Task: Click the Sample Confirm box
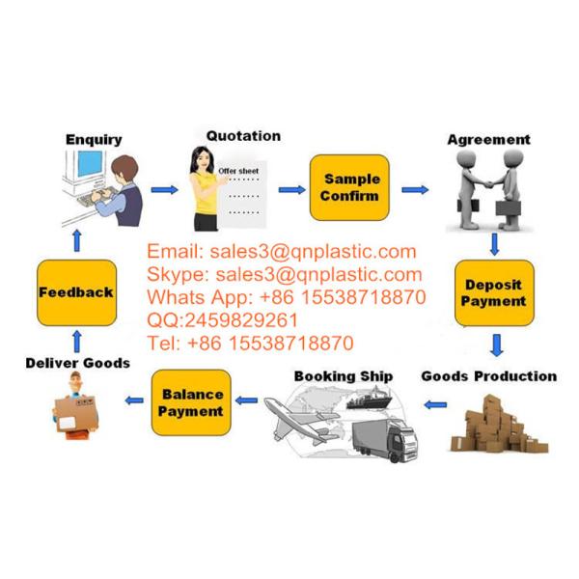pyautogui.click(x=349, y=187)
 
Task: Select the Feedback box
pyautogui.click(x=77, y=292)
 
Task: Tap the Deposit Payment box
pyautogui.click(x=494, y=293)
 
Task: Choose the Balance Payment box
pyautogui.click(x=191, y=402)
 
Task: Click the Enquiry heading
pyautogui.click(x=94, y=140)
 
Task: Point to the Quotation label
pyautogui.click(x=244, y=136)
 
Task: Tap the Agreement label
pyautogui.click(x=489, y=140)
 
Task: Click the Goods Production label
pyautogui.click(x=489, y=376)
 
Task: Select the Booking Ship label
pyautogui.click(x=344, y=376)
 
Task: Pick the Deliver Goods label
pyautogui.click(x=78, y=363)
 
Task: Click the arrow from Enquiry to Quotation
pyautogui.click(x=165, y=190)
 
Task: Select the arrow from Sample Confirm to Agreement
pyautogui.click(x=415, y=190)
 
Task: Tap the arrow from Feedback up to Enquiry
pyautogui.click(x=77, y=240)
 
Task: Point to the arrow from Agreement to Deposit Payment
pyautogui.click(x=494, y=244)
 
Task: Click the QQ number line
pyautogui.click(x=222, y=320)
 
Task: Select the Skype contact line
pyautogui.click(x=285, y=274)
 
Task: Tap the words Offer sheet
pyautogui.click(x=238, y=171)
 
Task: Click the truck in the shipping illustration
pyautogui.click(x=385, y=440)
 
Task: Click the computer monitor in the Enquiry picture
pyautogui.click(x=90, y=165)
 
